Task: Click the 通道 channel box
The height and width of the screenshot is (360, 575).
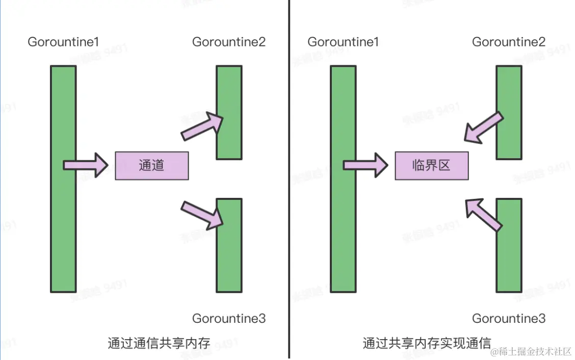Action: coord(152,166)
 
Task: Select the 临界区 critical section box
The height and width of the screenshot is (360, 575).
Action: coord(431,166)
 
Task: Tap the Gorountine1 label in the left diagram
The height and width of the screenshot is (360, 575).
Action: coord(63,42)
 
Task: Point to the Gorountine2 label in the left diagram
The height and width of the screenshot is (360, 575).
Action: coord(229,42)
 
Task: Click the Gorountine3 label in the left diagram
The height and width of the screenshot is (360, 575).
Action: coord(229,319)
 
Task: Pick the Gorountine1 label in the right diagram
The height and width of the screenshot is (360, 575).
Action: coord(343,42)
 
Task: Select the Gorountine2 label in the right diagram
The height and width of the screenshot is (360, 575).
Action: coord(509,42)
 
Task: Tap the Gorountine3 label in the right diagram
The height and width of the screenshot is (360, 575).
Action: coord(509,319)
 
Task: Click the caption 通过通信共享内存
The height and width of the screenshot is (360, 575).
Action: coord(159,343)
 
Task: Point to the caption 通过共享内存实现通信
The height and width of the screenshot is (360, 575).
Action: coord(427,343)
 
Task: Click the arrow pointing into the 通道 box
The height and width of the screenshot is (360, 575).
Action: coord(86,165)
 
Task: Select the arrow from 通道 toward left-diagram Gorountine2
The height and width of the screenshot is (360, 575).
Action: coord(202,126)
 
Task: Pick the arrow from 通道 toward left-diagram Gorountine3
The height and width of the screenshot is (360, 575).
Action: coord(202,213)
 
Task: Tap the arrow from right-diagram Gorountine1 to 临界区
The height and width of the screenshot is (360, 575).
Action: coord(365,165)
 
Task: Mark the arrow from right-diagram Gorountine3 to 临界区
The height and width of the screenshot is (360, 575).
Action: coord(484,213)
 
